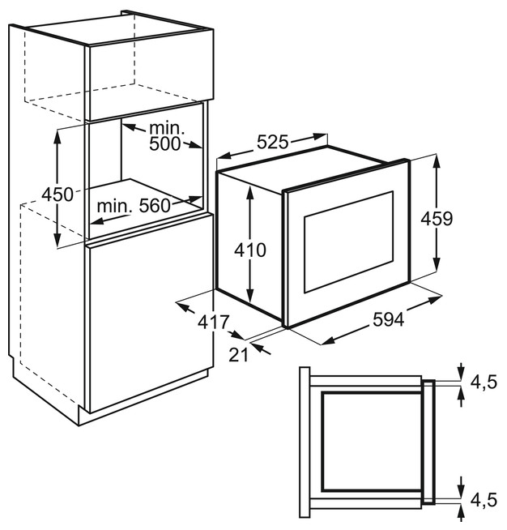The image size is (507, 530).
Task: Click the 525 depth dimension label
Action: point(273,143)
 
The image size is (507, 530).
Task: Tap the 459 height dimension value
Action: point(435,218)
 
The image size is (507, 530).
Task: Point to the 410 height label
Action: point(250,250)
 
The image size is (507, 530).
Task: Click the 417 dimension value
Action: point(213,322)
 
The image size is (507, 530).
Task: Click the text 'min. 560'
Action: point(134,206)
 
